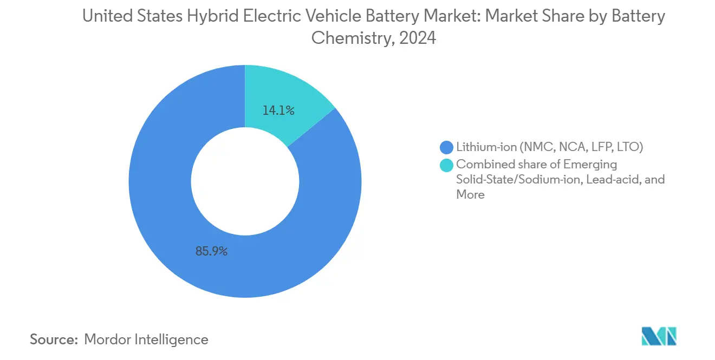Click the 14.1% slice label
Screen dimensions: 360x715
pyautogui.click(x=278, y=111)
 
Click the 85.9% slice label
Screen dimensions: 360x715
pyautogui.click(x=211, y=251)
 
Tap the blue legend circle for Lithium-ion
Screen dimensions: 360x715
pyautogui.click(x=447, y=147)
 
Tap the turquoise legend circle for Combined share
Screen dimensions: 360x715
pyautogui.click(x=447, y=164)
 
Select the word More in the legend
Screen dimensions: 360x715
pyautogui.click(x=470, y=194)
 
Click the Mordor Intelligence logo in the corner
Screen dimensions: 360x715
pyautogui.click(x=659, y=337)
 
